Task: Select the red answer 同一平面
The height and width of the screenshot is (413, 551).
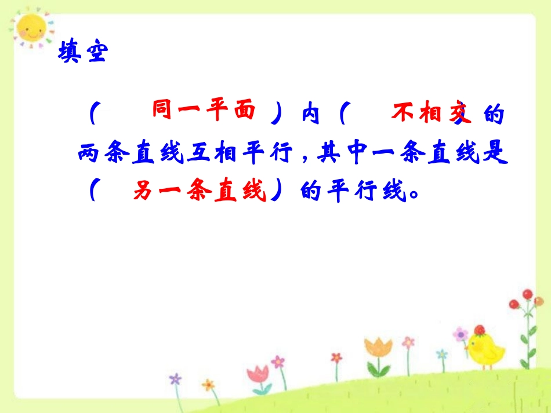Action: (x=204, y=110)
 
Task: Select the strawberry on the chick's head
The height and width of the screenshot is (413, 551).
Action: (x=479, y=330)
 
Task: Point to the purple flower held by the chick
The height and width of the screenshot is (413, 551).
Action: (x=461, y=334)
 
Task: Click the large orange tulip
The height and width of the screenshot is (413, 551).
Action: (x=378, y=350)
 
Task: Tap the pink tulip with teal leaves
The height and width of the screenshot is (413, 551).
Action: (x=258, y=374)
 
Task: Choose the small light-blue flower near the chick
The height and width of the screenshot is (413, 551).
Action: (x=442, y=354)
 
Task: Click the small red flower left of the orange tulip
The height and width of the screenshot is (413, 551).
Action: (x=336, y=359)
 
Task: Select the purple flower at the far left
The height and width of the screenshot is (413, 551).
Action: (x=175, y=379)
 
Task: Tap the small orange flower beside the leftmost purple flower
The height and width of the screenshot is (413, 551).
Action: (x=208, y=385)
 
